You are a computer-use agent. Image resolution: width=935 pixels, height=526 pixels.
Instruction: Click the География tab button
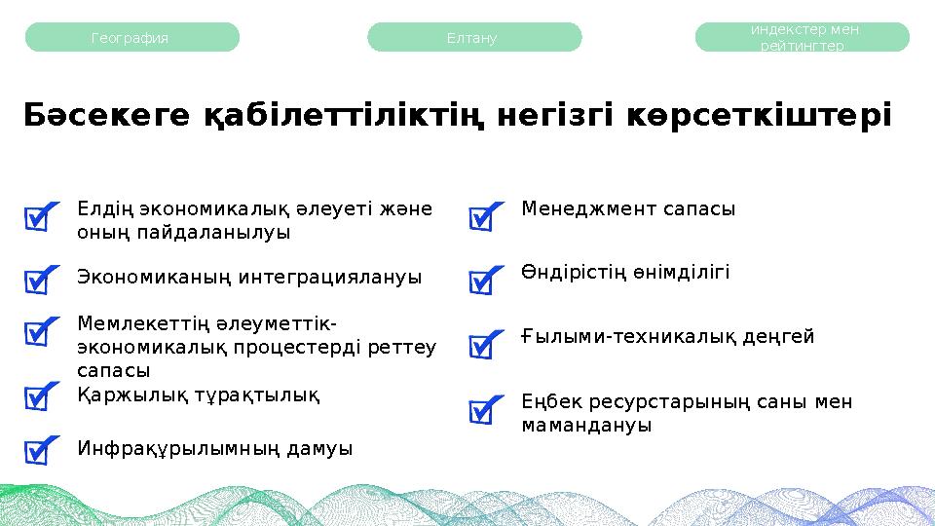coord(131,38)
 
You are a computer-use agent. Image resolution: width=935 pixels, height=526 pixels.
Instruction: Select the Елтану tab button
coord(473,38)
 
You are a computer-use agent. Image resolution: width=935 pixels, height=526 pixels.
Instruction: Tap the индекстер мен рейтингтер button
coord(802,38)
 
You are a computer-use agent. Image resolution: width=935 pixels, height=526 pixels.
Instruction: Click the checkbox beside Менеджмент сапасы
coord(484,219)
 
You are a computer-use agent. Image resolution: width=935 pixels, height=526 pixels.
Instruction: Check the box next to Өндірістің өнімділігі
coord(484,282)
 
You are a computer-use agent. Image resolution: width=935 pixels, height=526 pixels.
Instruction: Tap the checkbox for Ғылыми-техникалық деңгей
coord(484,346)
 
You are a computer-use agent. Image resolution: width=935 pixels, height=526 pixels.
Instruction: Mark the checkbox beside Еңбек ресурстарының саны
coord(484,411)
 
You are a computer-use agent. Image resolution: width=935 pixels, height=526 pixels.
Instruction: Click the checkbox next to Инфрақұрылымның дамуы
coord(38,451)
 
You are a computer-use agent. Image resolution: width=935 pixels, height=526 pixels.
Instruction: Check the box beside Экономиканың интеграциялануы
coord(38,281)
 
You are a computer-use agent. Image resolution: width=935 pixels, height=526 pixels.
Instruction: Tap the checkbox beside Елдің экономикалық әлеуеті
coord(38,219)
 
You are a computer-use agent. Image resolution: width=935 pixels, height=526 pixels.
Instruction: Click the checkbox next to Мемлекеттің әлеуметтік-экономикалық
coord(38,333)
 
